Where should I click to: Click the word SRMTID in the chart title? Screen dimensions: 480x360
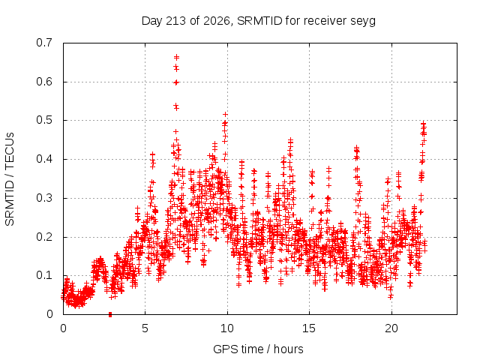point(259,21)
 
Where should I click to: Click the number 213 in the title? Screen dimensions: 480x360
point(175,21)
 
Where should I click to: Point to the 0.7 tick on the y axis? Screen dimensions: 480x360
point(44,43)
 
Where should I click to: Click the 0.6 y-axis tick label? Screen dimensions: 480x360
point(44,82)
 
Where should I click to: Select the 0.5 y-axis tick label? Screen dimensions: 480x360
point(44,120)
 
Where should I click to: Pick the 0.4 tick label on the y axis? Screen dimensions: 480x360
point(44,159)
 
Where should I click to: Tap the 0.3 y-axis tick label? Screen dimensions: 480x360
point(44,198)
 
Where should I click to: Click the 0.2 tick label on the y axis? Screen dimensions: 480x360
point(44,237)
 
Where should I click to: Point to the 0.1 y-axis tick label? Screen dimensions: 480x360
point(44,275)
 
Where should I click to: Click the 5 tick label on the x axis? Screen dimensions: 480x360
point(145,328)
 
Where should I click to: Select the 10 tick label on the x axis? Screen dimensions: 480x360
point(227,328)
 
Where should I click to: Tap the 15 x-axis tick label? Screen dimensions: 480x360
point(309,328)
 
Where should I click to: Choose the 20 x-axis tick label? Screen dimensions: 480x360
point(391,328)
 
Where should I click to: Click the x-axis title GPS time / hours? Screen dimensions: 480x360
point(258,349)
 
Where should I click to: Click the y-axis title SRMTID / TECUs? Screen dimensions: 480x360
point(10,179)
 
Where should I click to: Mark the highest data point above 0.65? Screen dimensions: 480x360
point(177,57)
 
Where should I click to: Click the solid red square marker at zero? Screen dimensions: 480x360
point(110,314)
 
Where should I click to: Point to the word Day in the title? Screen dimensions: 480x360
point(151,22)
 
